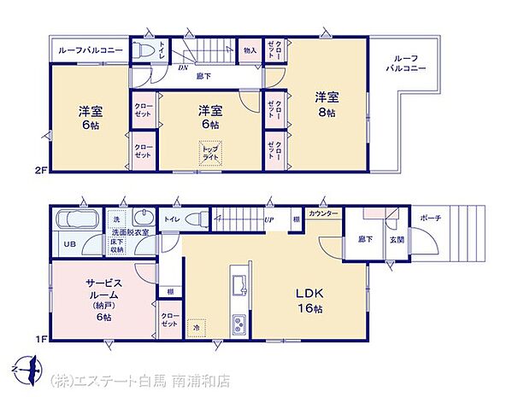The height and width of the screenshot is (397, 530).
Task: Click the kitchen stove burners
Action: pos(238,324)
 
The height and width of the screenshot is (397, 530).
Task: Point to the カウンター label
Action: pos(322,213)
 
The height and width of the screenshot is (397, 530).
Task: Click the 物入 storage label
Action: pos(250,50)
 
